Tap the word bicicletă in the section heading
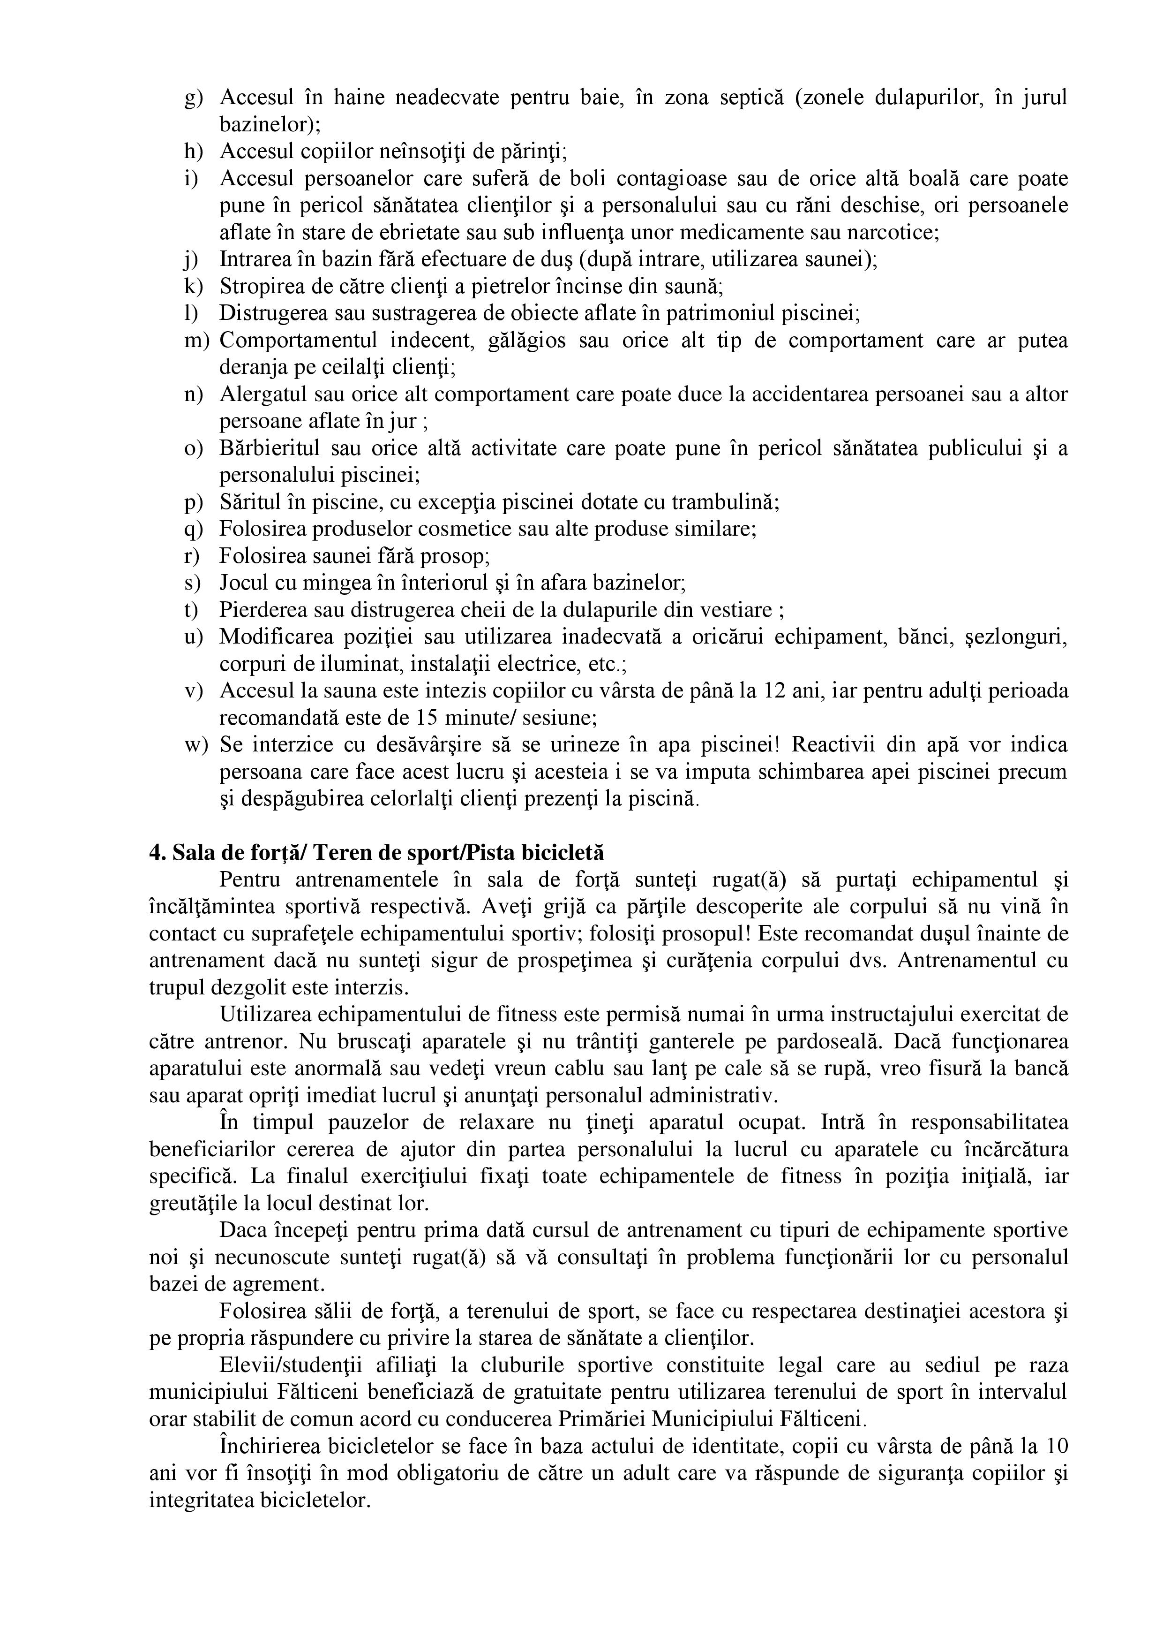pos(563,853)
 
